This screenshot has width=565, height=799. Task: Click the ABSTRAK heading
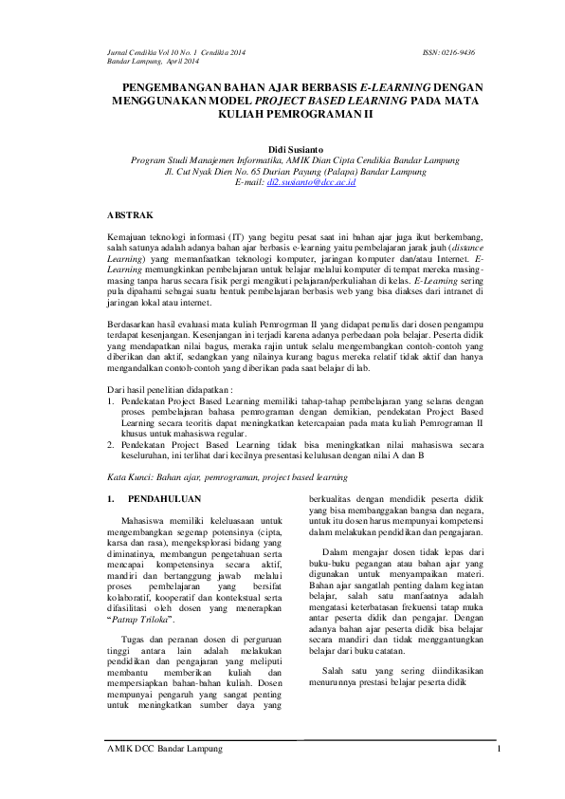tap(130, 216)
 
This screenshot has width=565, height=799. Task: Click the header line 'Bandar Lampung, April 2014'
tap(152, 61)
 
